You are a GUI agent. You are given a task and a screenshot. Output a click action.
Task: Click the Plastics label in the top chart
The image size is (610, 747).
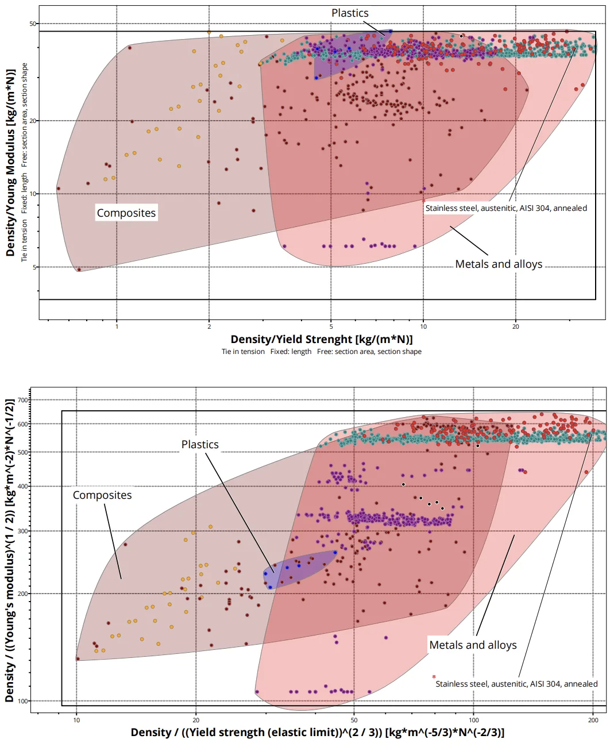click(350, 13)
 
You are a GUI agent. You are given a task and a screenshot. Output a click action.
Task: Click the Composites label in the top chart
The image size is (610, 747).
click(126, 213)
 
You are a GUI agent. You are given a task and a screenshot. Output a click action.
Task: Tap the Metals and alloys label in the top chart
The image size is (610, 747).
click(499, 264)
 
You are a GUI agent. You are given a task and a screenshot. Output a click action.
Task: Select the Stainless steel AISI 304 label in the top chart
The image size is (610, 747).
click(506, 208)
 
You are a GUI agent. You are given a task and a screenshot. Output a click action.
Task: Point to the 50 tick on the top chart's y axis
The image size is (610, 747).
click(33, 24)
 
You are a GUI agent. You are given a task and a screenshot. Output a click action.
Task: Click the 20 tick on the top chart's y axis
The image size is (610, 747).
click(33, 121)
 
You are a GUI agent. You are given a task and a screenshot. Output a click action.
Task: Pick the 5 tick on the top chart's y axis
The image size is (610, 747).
click(34, 267)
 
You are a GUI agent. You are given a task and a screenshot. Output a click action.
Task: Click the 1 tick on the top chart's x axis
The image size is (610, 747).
click(117, 326)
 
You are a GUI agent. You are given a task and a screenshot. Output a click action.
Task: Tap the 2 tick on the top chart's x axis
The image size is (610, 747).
click(209, 326)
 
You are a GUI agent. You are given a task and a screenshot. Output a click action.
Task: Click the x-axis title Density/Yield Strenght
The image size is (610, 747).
click(322, 339)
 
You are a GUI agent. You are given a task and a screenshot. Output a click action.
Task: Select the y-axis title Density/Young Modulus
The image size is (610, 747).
click(10, 163)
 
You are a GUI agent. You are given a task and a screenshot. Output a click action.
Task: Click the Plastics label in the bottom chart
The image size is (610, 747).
click(200, 445)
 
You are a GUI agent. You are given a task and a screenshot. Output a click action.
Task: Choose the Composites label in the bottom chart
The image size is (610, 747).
click(102, 495)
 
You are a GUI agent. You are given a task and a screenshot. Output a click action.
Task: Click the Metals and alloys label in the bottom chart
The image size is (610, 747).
click(473, 645)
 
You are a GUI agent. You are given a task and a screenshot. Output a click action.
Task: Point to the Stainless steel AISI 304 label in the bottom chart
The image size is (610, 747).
click(516, 684)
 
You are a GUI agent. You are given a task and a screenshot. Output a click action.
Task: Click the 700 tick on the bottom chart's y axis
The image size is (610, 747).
click(22, 400)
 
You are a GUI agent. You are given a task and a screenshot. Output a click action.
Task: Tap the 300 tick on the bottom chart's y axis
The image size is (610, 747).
click(22, 531)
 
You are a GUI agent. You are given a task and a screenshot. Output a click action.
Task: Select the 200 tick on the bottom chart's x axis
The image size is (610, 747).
click(593, 720)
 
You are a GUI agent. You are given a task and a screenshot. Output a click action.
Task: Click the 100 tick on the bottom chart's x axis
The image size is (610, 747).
click(474, 720)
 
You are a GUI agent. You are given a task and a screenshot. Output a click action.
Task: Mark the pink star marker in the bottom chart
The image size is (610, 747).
click(434, 676)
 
